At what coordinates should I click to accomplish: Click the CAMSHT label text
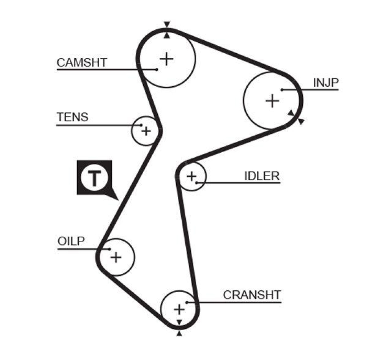coord(82,62)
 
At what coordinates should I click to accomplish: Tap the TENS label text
coord(72,117)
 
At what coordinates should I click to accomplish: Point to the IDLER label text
coord(261,176)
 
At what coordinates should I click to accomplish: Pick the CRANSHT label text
coord(251,295)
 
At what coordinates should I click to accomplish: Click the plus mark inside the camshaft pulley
coord(167,58)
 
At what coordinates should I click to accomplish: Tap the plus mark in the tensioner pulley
coord(146,131)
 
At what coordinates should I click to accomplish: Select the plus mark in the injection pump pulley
coord(272,100)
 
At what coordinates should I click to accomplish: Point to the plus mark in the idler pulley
coord(191,176)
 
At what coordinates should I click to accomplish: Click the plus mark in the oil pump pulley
coord(116,257)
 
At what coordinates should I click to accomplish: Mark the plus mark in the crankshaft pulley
coord(179,309)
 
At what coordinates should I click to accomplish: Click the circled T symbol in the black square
coord(94,177)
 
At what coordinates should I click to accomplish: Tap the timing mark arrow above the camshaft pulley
coord(167,24)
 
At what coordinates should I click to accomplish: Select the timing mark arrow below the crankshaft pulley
coord(179,334)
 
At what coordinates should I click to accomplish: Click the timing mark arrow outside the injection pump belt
coord(301,121)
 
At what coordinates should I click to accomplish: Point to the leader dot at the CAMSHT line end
coord(156,69)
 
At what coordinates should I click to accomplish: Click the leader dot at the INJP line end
coord(282,89)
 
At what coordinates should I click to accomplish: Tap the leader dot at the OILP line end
coord(110,249)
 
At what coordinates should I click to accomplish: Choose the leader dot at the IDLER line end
coord(196,183)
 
